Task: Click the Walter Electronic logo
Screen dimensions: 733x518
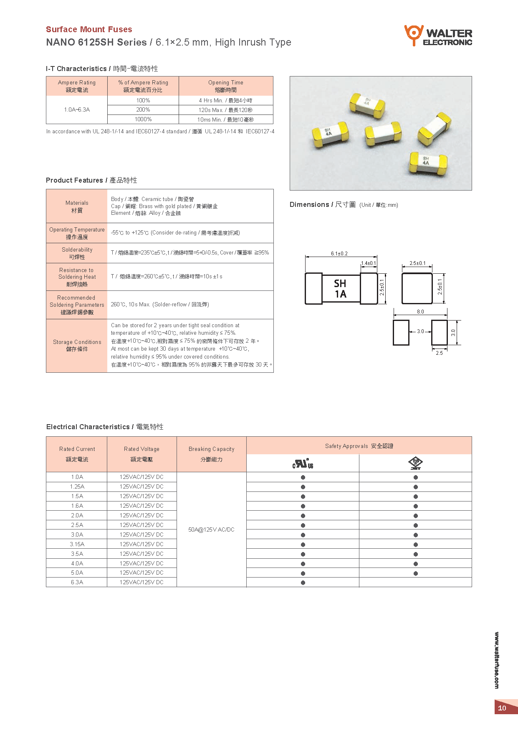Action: [438, 36]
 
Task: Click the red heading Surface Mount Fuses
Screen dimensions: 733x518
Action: [89, 29]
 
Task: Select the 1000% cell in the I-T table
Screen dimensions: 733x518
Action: [143, 120]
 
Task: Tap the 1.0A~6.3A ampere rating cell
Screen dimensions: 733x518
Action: [77, 109]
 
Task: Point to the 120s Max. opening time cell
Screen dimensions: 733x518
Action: [225, 110]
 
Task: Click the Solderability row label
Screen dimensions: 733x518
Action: [77, 253]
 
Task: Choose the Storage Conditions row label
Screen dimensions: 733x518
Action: [77, 346]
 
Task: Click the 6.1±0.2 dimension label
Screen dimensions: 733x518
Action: [339, 254]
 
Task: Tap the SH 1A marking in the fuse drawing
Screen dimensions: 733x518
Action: [340, 289]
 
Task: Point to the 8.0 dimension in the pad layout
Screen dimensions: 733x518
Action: [420, 312]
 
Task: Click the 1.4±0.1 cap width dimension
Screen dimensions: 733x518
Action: [368, 263]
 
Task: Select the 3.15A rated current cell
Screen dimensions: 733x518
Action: [77, 544]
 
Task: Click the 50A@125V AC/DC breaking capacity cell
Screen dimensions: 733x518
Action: [211, 529]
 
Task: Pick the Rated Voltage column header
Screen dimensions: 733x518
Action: [142, 454]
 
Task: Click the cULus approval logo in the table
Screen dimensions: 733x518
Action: [303, 463]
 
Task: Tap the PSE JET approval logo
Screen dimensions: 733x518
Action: [415, 463]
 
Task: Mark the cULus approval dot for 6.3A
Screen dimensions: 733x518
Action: [303, 583]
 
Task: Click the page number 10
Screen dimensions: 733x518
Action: [502, 708]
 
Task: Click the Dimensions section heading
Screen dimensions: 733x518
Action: [322, 204]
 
